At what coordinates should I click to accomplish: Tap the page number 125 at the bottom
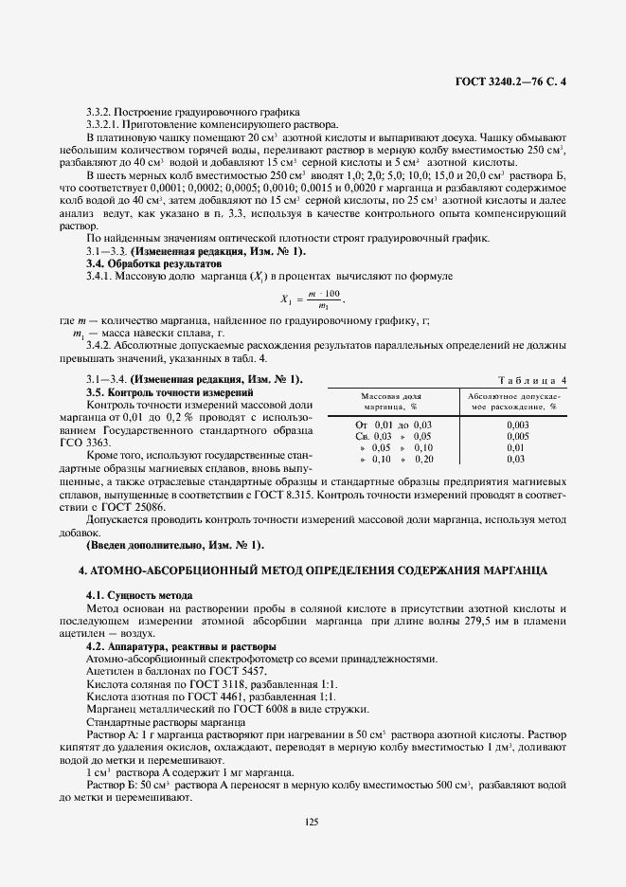click(313, 821)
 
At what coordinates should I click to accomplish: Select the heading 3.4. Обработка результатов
click(144, 262)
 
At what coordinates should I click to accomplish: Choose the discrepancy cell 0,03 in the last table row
click(517, 459)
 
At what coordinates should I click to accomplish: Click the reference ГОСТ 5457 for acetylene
click(218, 670)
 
